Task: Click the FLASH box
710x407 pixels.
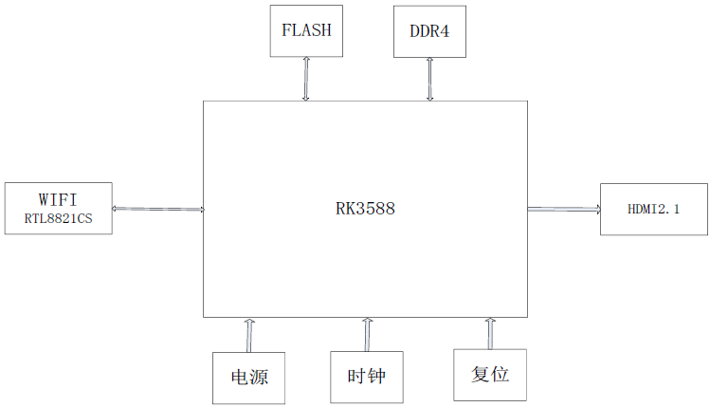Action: (x=305, y=30)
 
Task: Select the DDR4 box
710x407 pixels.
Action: (x=429, y=30)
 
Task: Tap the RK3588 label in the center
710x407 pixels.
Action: (x=365, y=209)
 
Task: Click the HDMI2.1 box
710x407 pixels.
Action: (x=653, y=209)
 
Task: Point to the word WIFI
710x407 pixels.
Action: (x=58, y=199)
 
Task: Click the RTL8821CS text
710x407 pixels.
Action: (x=58, y=218)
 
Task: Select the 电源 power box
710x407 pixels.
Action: (x=249, y=378)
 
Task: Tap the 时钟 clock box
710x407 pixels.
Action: (x=366, y=377)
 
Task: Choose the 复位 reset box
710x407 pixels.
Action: (x=489, y=374)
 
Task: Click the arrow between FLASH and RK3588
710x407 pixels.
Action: (x=305, y=78)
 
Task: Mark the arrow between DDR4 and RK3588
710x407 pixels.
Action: (x=429, y=78)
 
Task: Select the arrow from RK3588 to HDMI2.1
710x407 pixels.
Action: (x=563, y=209)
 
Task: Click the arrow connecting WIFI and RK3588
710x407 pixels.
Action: (x=157, y=209)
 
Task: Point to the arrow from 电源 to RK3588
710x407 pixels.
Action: (x=249, y=335)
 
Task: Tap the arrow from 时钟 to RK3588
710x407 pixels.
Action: (x=367, y=335)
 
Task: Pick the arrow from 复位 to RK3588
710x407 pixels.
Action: (x=490, y=333)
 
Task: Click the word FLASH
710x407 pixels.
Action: (x=305, y=29)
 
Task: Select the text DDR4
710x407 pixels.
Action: (x=429, y=30)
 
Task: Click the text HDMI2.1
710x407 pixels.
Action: (x=653, y=209)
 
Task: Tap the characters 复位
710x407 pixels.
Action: (x=489, y=374)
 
